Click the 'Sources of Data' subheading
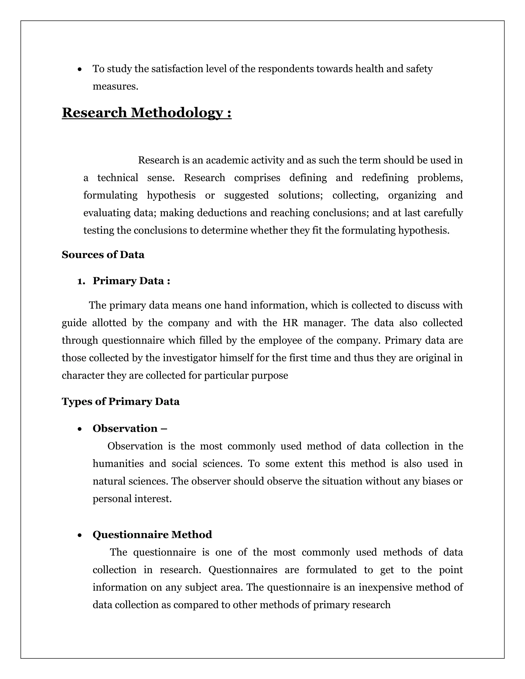coord(103,255)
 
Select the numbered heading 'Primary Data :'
coord(131,281)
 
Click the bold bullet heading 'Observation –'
coord(130,428)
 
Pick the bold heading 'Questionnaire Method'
coord(152,534)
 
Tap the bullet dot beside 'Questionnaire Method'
coord(80,535)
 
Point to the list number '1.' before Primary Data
coord(81,281)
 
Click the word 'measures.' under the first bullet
coord(115,86)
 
